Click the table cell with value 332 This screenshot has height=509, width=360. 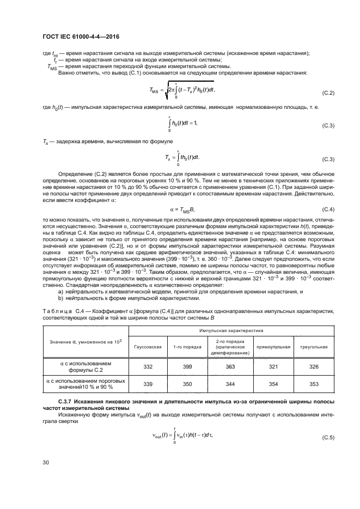click(148, 367)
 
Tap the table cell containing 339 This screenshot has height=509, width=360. click(148, 385)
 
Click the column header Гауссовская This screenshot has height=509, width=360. click(148, 346)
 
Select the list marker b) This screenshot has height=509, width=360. click(60, 298)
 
